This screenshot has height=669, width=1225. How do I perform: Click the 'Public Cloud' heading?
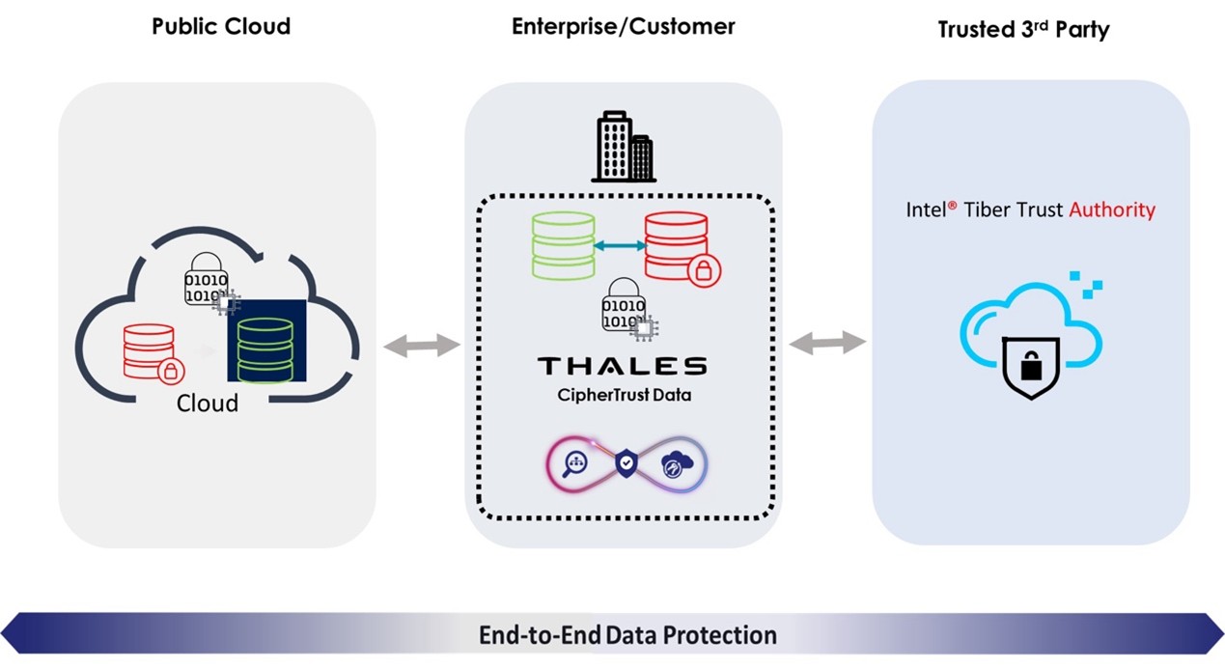tap(221, 26)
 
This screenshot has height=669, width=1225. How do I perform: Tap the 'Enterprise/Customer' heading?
tap(624, 26)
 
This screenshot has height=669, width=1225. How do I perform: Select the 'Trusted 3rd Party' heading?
tap(1023, 29)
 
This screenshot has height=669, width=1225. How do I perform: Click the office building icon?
tap(624, 147)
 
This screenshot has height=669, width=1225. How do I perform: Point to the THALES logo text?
tap(623, 366)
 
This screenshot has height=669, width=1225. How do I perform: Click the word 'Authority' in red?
tap(1112, 209)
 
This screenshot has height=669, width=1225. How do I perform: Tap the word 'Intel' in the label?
tap(926, 209)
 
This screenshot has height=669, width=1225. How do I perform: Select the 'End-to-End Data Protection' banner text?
tap(627, 635)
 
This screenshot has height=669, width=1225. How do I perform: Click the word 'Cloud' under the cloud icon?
tap(208, 404)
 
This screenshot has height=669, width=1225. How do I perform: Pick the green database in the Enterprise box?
tap(564, 245)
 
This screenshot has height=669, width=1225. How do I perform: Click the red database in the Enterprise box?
tap(682, 249)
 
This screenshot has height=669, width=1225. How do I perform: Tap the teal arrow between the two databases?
tap(620, 246)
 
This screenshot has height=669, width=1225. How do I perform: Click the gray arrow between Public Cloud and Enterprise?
tap(422, 346)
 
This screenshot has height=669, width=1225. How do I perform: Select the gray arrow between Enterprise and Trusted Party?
tap(827, 343)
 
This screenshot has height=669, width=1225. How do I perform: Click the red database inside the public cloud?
tap(153, 352)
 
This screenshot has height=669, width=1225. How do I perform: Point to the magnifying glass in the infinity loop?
tap(575, 464)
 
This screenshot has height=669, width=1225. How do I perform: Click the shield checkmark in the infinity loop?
tap(626, 463)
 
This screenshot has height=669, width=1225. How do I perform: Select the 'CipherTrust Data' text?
tap(624, 395)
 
